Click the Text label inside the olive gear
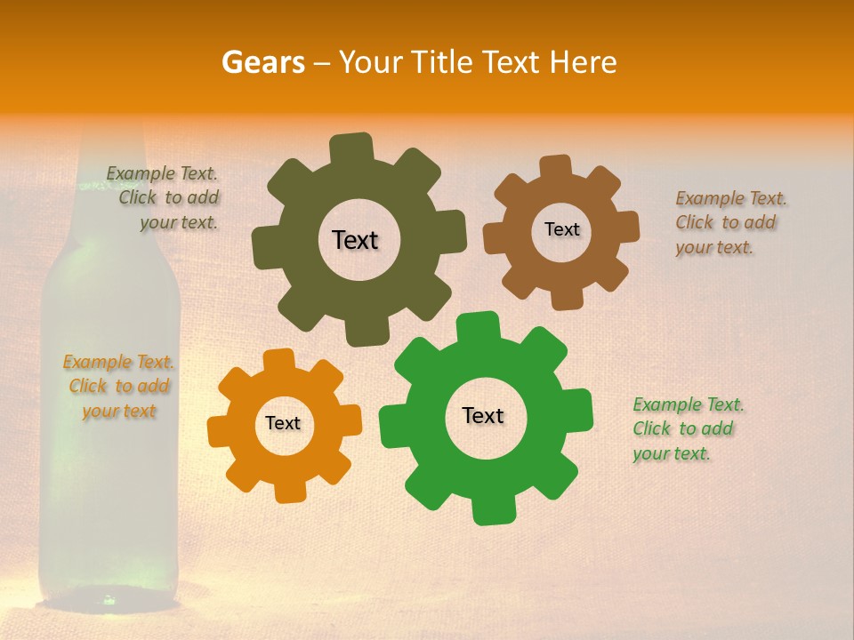click(355, 240)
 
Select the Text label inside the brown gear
click(561, 229)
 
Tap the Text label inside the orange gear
click(283, 423)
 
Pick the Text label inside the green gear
click(483, 415)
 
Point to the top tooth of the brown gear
click(555, 167)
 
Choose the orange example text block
click(118, 386)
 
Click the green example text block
click(687, 428)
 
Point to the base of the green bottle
click(109, 587)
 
